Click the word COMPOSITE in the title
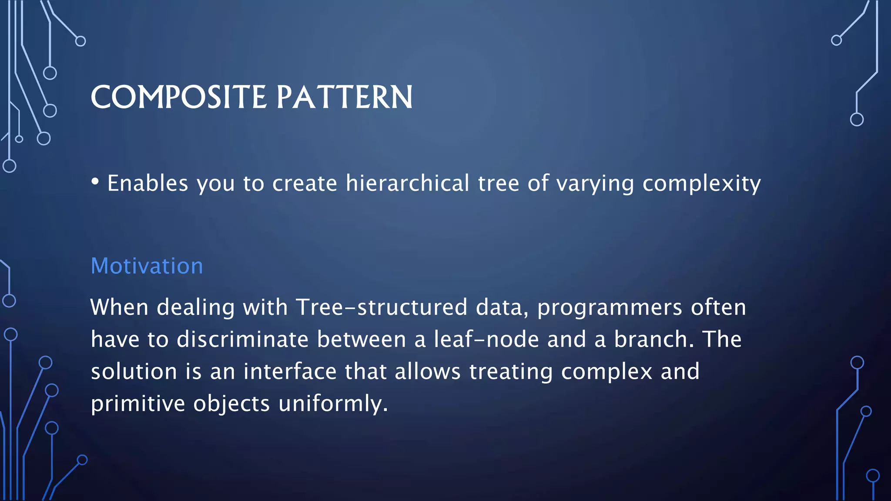pyautogui.click(x=178, y=97)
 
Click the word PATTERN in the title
pyautogui.click(x=344, y=97)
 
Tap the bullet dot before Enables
pyautogui.click(x=95, y=181)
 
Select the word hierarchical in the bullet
pyautogui.click(x=407, y=183)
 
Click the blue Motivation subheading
pyautogui.click(x=147, y=266)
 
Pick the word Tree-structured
pyautogui.click(x=382, y=307)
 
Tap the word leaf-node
pyautogui.click(x=486, y=339)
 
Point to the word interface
pyautogui.click(x=290, y=372)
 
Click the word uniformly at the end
pyautogui.click(x=332, y=404)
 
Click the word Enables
pyautogui.click(x=147, y=183)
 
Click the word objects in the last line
pyautogui.click(x=231, y=404)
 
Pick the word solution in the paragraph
pyautogui.click(x=134, y=372)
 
